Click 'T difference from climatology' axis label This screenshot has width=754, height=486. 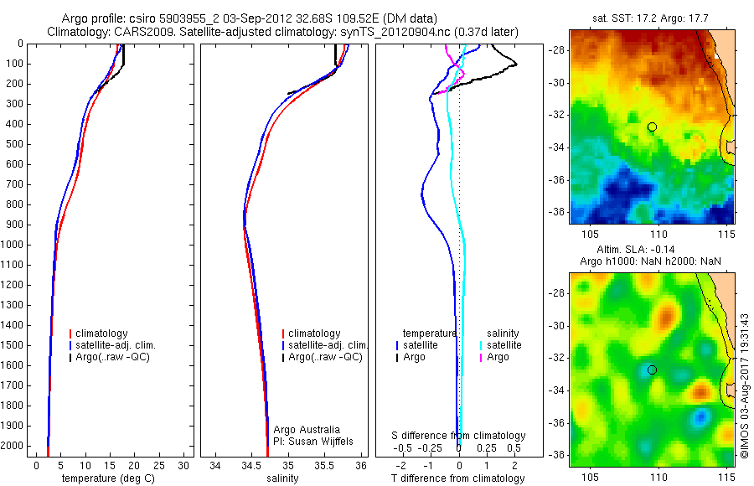click(457, 478)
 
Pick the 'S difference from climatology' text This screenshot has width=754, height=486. click(458, 436)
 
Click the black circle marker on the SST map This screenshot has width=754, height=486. click(652, 127)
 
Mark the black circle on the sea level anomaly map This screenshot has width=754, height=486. click(652, 370)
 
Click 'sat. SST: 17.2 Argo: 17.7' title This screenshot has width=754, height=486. click(652, 18)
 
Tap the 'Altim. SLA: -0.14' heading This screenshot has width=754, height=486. click(651, 250)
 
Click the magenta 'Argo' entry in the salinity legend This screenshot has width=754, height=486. click(498, 357)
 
